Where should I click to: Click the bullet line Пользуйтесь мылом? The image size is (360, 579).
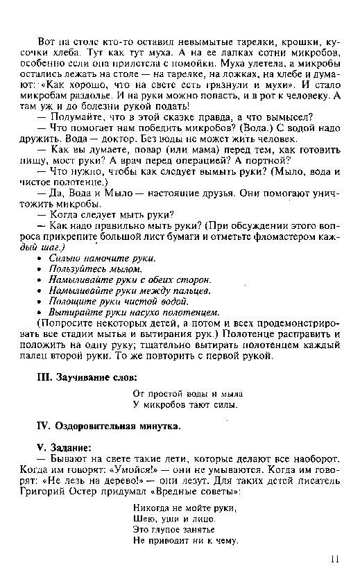pyautogui.click(x=95, y=268)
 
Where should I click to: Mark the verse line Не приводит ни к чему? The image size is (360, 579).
pyautogui.click(x=180, y=542)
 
